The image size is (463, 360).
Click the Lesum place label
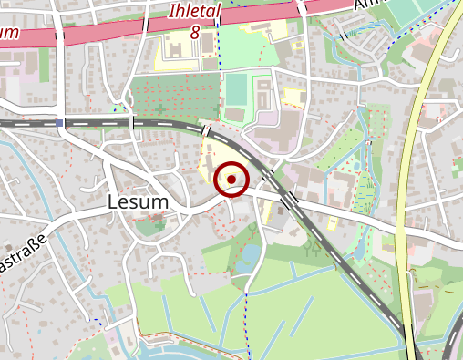tap(138, 201)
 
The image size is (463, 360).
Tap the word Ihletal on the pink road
tap(195, 12)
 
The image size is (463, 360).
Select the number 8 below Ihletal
tap(195, 31)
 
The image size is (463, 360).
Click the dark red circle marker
tap(232, 180)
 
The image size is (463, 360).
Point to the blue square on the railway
tap(59, 123)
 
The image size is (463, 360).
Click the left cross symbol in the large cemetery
tap(160, 108)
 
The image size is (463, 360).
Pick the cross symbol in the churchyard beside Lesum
tap(159, 225)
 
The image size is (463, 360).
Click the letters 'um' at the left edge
tap(9, 34)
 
